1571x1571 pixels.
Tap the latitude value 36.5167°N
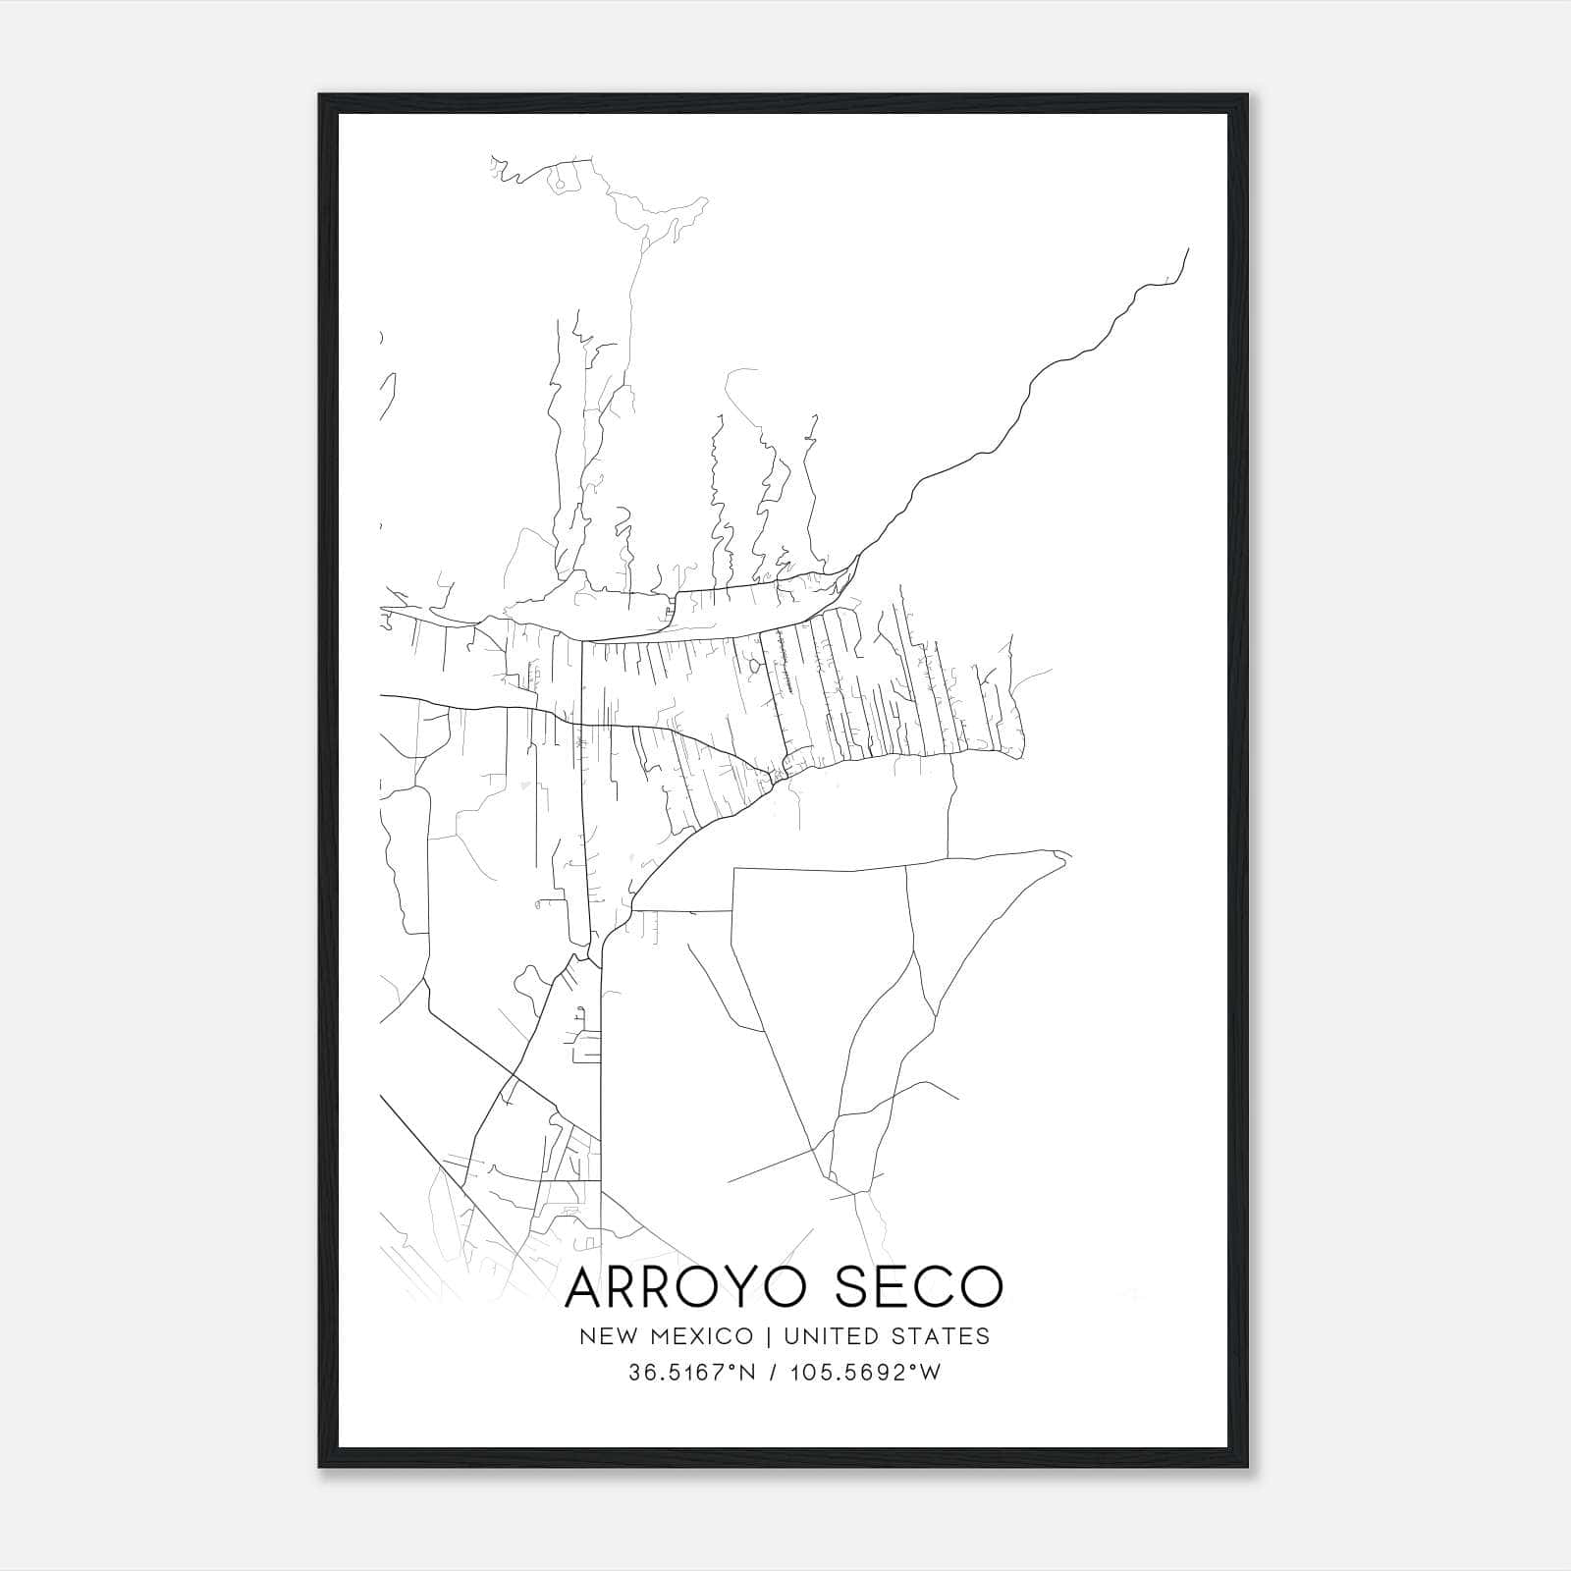692,1373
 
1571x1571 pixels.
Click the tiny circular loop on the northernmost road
559,182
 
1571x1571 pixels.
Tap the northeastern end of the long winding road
1188,249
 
